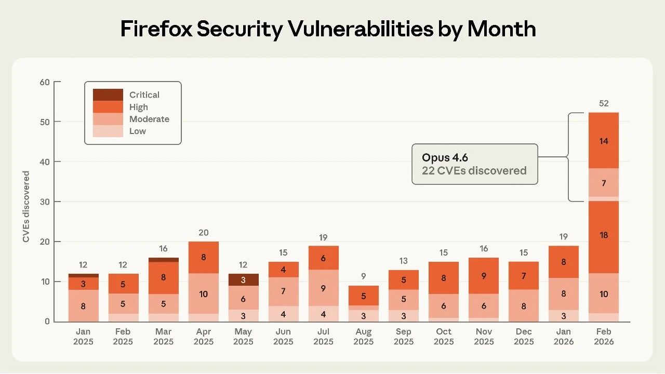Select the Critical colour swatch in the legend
108,95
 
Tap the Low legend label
138,131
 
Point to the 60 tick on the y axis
45,82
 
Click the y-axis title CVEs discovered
26,207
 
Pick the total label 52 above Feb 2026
603,103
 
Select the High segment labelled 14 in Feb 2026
603,141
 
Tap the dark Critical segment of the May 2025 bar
243,279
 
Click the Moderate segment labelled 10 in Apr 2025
203,294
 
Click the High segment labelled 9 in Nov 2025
484,276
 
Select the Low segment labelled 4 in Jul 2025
323,314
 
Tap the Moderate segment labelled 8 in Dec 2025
523,306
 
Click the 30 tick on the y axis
45,202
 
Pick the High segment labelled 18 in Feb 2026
603,235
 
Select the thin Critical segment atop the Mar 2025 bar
163,260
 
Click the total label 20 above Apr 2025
203,233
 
